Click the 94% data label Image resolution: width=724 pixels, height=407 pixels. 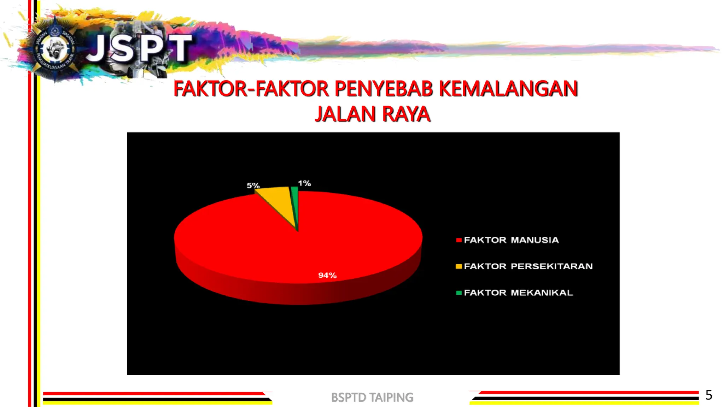(x=327, y=275)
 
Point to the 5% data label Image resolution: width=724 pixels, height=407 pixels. (x=253, y=185)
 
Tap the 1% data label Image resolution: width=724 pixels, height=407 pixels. (x=304, y=183)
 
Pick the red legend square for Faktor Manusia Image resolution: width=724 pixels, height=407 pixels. (x=459, y=240)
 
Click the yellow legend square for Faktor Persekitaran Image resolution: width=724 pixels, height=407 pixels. (x=459, y=266)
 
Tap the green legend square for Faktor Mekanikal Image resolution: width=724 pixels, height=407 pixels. (x=459, y=293)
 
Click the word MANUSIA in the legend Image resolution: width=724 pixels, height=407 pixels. (x=535, y=240)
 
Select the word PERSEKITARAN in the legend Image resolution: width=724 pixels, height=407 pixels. (x=551, y=266)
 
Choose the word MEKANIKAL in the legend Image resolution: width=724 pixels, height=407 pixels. (x=542, y=293)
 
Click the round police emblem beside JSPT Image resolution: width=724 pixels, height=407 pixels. (x=55, y=48)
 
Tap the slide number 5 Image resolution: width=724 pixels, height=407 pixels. (x=708, y=395)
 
